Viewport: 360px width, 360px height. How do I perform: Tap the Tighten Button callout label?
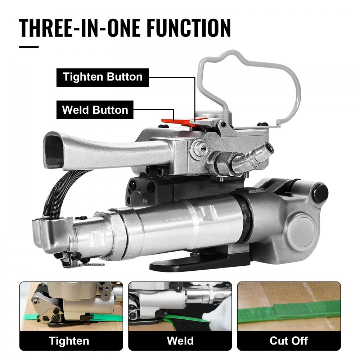[x=103, y=77]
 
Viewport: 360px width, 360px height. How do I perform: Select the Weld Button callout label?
[x=95, y=109]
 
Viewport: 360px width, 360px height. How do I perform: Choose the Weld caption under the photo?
[x=180, y=340]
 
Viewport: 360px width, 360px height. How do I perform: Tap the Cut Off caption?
[x=289, y=340]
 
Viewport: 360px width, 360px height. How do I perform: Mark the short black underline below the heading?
[x=29, y=47]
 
